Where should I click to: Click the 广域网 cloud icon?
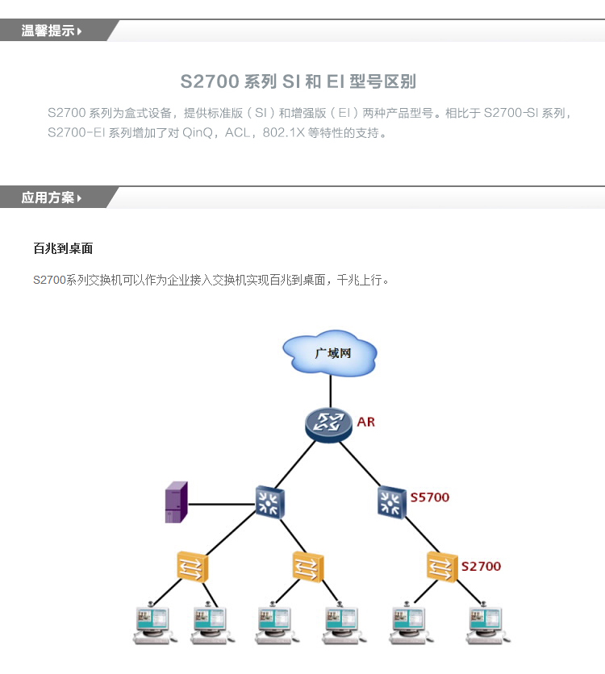(x=330, y=352)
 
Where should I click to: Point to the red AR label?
(x=365, y=422)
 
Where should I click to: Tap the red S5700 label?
(x=429, y=497)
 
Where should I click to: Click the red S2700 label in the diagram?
(x=481, y=566)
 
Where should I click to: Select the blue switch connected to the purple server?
(x=269, y=501)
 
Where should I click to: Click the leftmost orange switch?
(x=192, y=567)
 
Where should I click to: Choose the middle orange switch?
(x=307, y=567)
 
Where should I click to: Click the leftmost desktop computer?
(x=152, y=624)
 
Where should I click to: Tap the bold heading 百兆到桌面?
(x=63, y=248)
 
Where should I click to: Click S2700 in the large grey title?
(x=210, y=81)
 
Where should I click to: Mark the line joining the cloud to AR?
(x=330, y=391)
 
